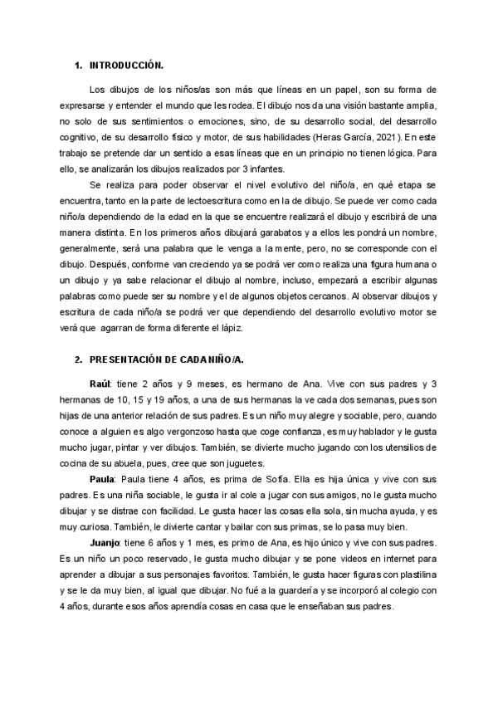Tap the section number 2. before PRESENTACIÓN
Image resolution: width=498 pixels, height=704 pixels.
[78, 359]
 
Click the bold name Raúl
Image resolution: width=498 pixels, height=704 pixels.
[100, 382]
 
